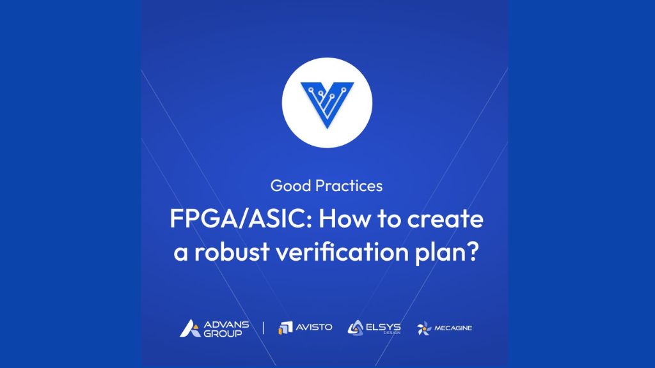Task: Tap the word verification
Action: click(342, 252)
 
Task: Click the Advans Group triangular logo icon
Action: click(191, 328)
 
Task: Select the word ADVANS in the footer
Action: click(226, 324)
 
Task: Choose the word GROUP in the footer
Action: click(223, 333)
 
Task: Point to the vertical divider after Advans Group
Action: click(263, 328)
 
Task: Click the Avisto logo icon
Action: click(285, 328)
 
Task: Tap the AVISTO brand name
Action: click(314, 328)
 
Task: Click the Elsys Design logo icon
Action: click(356, 328)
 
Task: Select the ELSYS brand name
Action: click(383, 327)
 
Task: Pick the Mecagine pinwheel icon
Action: click(424, 328)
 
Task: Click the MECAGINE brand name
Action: click(454, 328)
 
